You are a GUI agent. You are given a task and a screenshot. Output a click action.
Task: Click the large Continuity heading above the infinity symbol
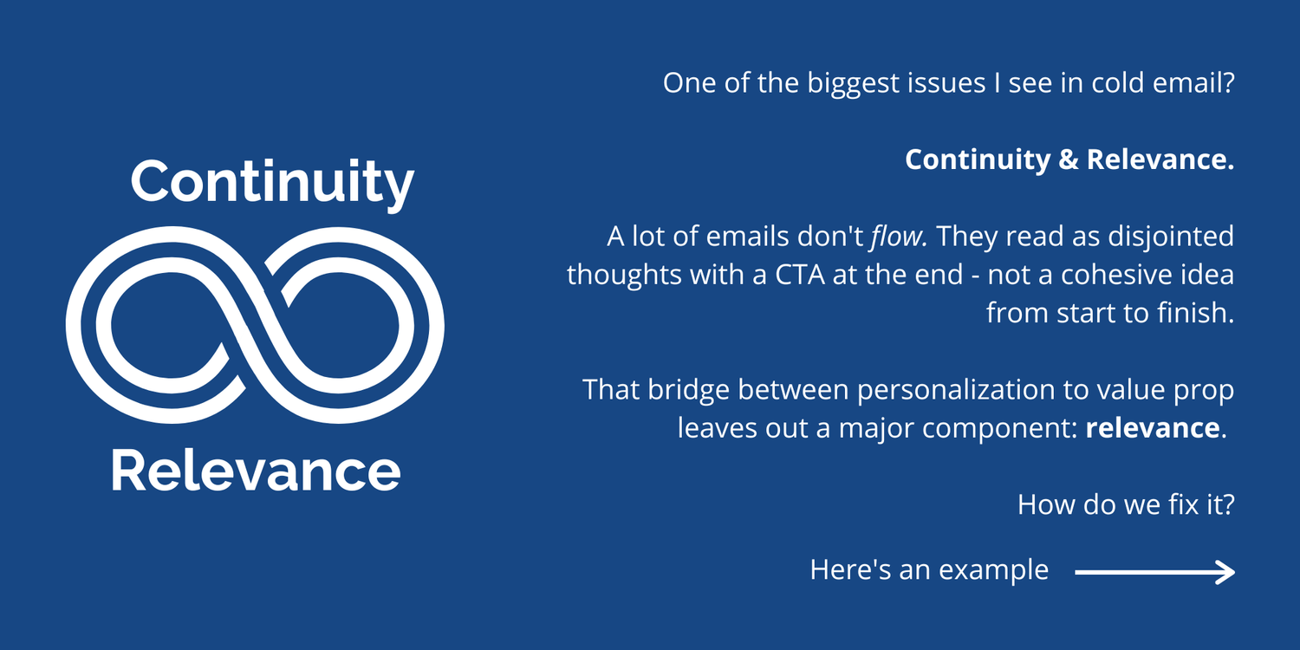point(272,181)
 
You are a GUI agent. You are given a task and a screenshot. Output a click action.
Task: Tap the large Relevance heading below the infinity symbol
point(256,471)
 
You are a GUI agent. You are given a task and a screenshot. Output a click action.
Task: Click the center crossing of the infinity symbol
point(256,325)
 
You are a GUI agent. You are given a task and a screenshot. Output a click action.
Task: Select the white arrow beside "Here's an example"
point(1154,571)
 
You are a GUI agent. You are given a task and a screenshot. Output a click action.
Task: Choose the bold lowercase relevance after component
point(1152,427)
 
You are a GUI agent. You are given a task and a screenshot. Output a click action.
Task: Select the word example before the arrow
point(994,570)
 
